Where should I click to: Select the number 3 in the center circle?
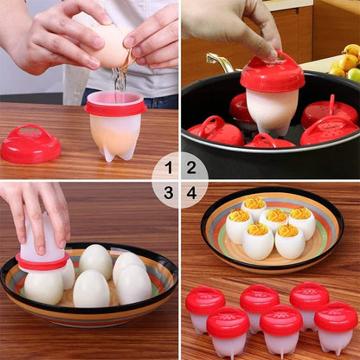click(169, 192)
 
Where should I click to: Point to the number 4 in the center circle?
click(191, 192)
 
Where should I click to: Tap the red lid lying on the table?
click(30, 145)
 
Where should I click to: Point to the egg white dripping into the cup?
click(119, 80)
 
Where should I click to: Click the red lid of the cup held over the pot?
click(273, 74)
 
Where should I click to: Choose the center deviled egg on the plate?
click(275, 221)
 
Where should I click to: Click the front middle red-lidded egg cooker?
click(281, 328)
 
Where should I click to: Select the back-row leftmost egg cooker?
click(206, 306)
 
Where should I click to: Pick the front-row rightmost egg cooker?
click(336, 325)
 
